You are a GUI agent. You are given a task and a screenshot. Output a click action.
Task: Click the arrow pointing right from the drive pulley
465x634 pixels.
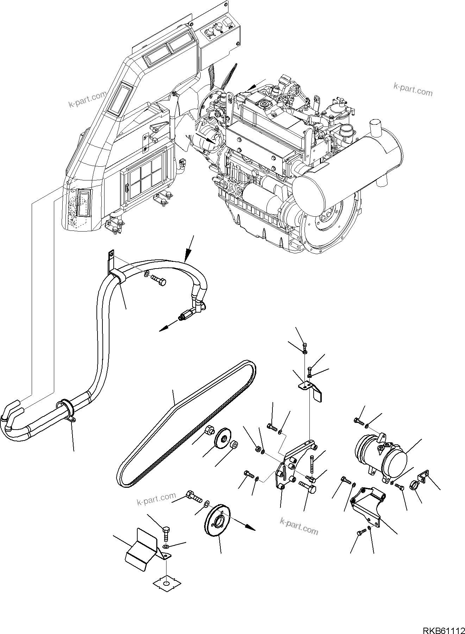point(246,536)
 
